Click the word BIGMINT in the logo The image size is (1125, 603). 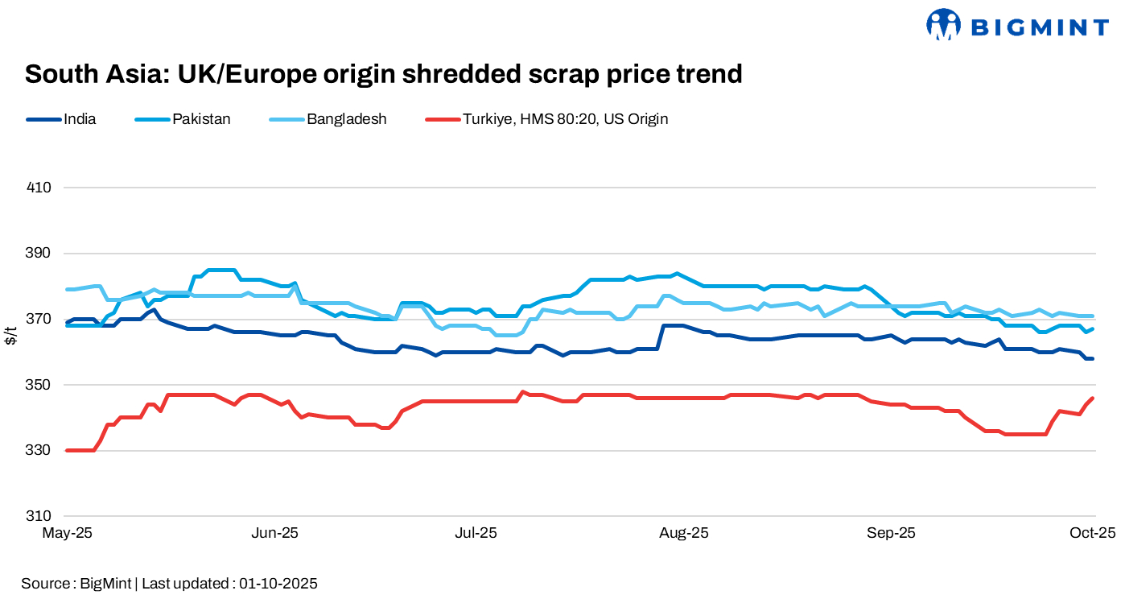[1041, 28]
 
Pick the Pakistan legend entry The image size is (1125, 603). [201, 119]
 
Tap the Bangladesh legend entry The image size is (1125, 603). [346, 119]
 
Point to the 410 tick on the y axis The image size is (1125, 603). [39, 188]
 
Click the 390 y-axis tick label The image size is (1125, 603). [39, 254]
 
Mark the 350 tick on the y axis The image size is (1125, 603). [39, 385]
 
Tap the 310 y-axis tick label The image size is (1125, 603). [39, 516]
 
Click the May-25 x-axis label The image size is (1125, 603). [68, 533]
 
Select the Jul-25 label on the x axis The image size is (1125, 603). [476, 533]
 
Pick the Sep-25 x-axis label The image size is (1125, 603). [891, 533]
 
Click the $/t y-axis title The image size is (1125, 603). [11, 336]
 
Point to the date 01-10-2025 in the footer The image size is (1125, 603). [278, 584]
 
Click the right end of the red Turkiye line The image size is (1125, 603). [1093, 398]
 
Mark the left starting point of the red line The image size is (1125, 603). [67, 451]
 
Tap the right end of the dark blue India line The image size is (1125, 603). [1093, 358]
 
